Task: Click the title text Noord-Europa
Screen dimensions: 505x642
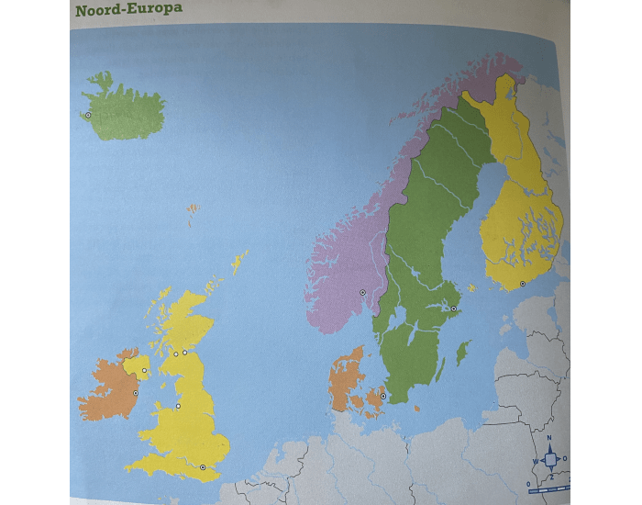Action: pyautogui.click(x=129, y=10)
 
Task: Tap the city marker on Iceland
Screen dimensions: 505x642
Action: pyautogui.click(x=88, y=116)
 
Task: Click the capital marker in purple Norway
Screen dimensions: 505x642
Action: pyautogui.click(x=362, y=292)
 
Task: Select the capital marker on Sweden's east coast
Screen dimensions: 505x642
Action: pyautogui.click(x=452, y=309)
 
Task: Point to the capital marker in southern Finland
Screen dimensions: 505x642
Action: pyautogui.click(x=522, y=285)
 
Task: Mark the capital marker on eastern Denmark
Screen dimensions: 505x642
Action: pyautogui.click(x=383, y=397)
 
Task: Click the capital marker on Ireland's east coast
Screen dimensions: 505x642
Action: pyautogui.click(x=136, y=393)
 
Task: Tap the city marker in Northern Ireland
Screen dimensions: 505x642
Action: pyautogui.click(x=144, y=370)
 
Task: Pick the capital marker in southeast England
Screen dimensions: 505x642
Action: pyautogui.click(x=203, y=467)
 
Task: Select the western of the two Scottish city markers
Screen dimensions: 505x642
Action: pyautogui.click(x=175, y=353)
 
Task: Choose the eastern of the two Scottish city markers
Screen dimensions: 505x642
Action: pyautogui.click(x=184, y=352)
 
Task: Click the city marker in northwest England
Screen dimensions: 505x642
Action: pyautogui.click(x=178, y=406)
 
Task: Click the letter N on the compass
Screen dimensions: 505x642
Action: pyautogui.click(x=549, y=438)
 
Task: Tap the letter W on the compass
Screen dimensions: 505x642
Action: pyautogui.click(x=535, y=461)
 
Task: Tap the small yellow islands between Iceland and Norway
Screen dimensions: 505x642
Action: pyautogui.click(x=193, y=210)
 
